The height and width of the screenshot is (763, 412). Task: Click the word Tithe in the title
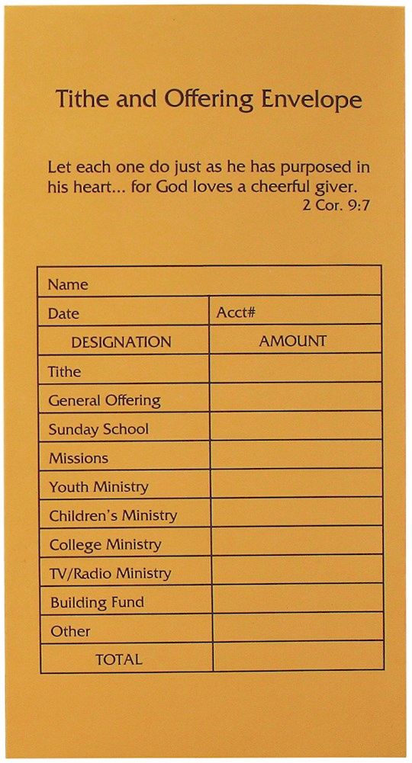[x=79, y=100]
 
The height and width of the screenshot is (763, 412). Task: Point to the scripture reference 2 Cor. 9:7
[x=337, y=204]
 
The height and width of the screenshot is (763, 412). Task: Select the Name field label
[x=68, y=285]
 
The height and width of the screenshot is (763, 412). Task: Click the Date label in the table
[x=63, y=314]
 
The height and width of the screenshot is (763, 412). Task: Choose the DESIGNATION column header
[x=121, y=342]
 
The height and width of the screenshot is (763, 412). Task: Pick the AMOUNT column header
[x=292, y=341]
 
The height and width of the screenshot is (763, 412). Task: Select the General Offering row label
[x=105, y=400]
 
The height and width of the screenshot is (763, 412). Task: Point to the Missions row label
[x=79, y=458]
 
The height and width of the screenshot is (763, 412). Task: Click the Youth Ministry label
[x=98, y=486]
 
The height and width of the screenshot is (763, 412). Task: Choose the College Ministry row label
[x=105, y=544]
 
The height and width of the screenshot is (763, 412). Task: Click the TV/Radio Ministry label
[x=110, y=573]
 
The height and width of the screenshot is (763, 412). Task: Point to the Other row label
[x=70, y=631]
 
